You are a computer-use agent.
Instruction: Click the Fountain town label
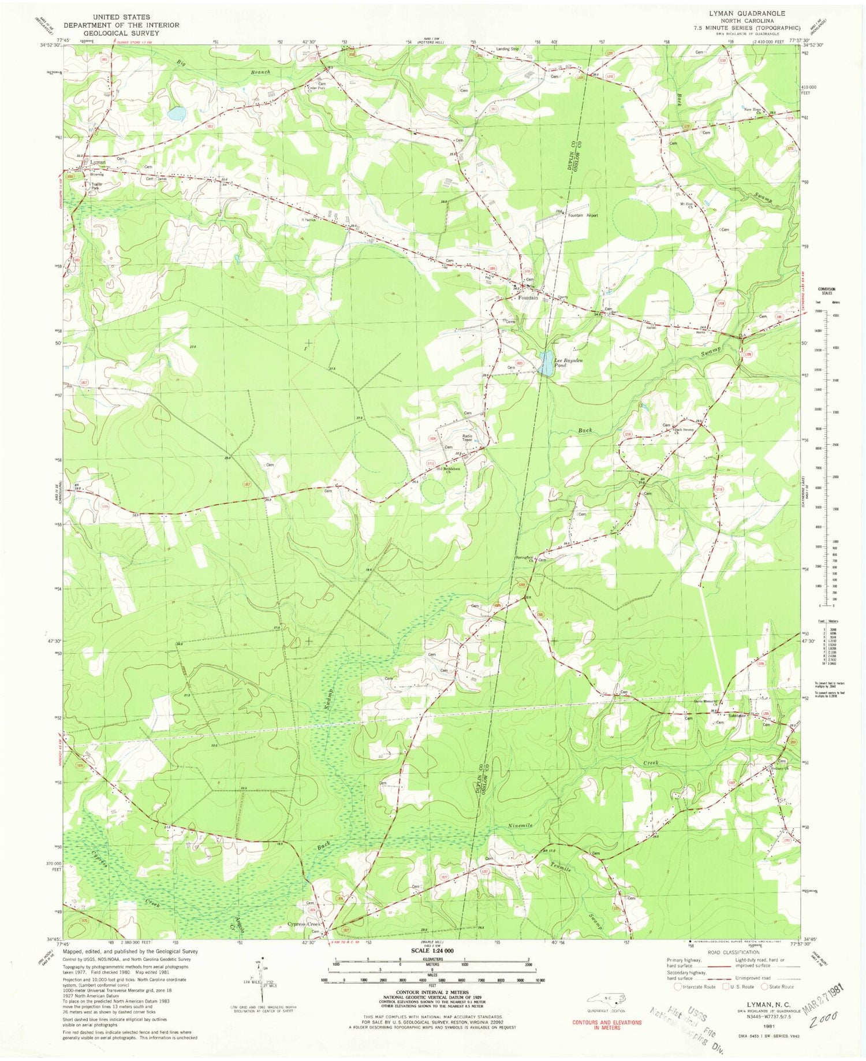tap(528, 298)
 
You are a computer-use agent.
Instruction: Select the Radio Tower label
tap(467, 438)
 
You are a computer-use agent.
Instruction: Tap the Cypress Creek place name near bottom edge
tap(303, 924)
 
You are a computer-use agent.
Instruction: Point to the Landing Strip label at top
tap(507, 49)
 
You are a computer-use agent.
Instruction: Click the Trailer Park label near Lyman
tap(96, 187)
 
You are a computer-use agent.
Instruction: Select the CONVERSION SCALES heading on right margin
tap(826, 290)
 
